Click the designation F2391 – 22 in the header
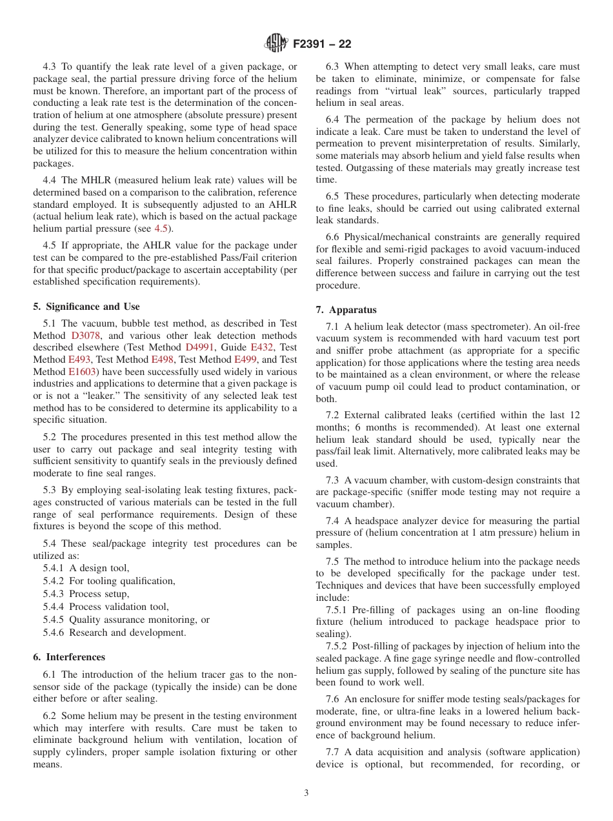323,45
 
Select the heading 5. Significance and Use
86,307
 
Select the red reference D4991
199,347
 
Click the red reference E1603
83,372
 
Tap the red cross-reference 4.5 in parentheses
161,228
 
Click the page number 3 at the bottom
306,793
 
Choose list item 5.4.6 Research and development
114,633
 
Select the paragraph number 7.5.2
337,646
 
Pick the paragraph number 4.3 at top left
50,66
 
